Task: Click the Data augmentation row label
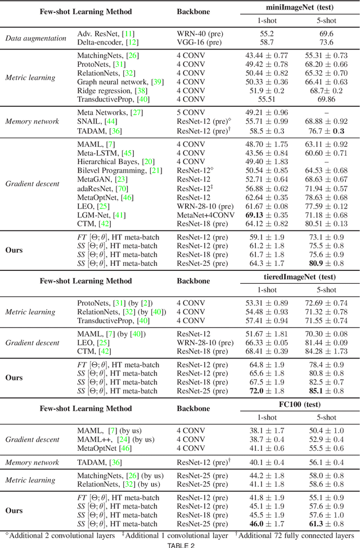[35, 39]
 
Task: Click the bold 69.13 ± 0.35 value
[266, 215]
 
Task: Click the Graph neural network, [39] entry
[120, 82]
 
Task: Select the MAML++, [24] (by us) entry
[115, 439]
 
